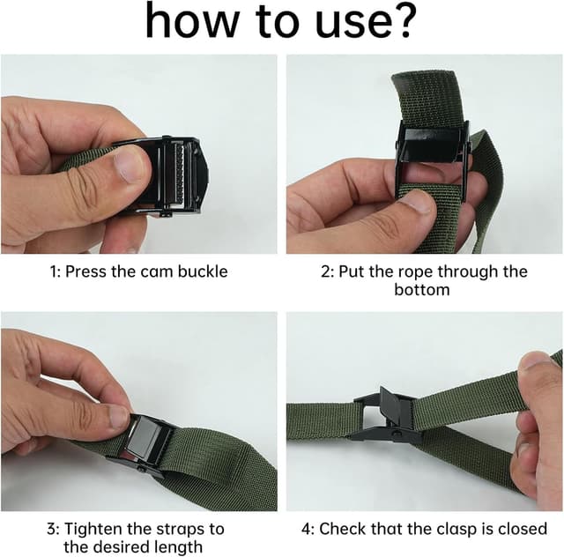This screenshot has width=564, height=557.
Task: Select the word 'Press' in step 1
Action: point(86,271)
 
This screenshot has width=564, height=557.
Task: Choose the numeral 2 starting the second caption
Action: point(324,271)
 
